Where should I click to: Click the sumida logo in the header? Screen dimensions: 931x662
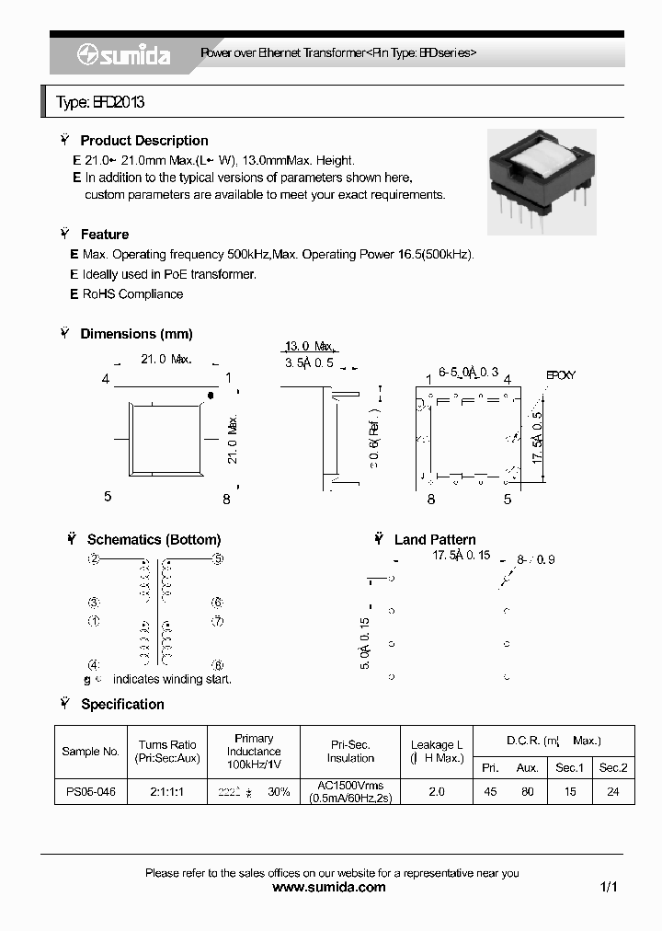(x=124, y=55)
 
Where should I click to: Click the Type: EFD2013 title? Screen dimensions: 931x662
(x=100, y=103)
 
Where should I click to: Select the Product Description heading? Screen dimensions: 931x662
(x=143, y=141)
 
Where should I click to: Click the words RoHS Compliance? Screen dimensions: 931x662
(x=132, y=294)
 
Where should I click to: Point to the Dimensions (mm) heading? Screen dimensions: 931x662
(x=136, y=334)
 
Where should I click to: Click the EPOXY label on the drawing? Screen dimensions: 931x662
(x=560, y=375)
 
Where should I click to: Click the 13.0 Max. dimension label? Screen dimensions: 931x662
(x=309, y=346)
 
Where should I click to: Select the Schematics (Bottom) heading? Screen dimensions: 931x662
(x=154, y=540)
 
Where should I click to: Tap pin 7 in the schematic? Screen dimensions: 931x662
(x=218, y=621)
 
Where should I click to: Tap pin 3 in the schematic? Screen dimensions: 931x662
(x=94, y=603)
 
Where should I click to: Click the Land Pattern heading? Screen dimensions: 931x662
(x=435, y=540)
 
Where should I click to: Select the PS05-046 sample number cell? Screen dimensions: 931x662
(x=90, y=791)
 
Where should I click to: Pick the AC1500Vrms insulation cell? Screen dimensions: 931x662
(x=350, y=786)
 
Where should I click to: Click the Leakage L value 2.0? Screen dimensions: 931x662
(x=436, y=791)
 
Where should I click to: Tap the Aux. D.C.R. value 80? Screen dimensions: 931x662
(x=527, y=791)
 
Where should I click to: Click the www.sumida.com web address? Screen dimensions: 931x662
(x=331, y=888)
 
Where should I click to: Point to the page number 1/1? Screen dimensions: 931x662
(x=608, y=888)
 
